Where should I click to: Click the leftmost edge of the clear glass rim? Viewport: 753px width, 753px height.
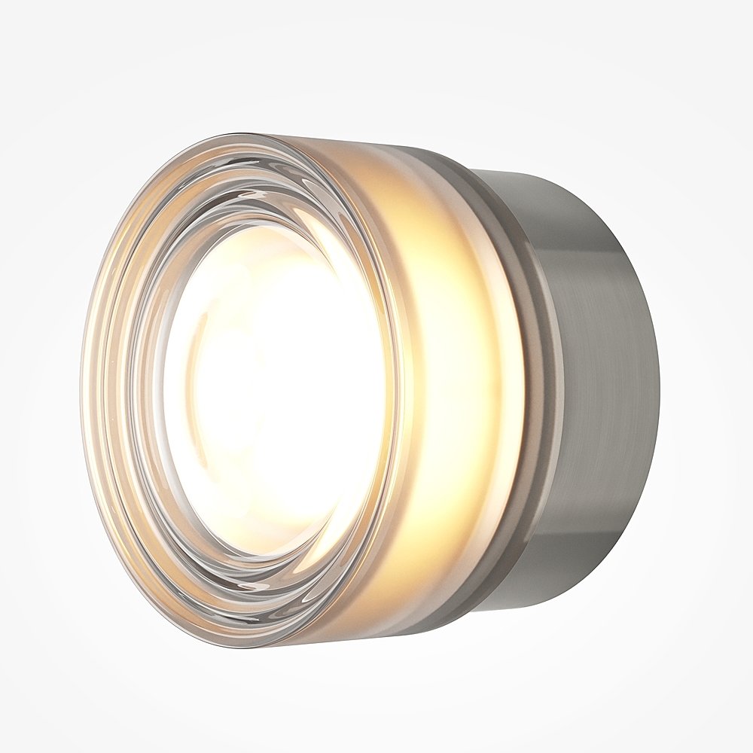click(x=82, y=392)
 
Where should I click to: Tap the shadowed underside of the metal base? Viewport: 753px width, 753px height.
click(x=595, y=557)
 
